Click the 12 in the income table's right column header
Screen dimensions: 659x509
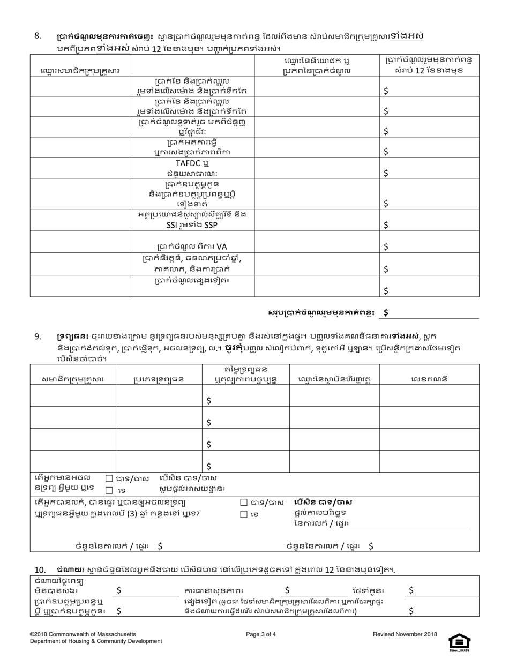[x=416, y=70]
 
